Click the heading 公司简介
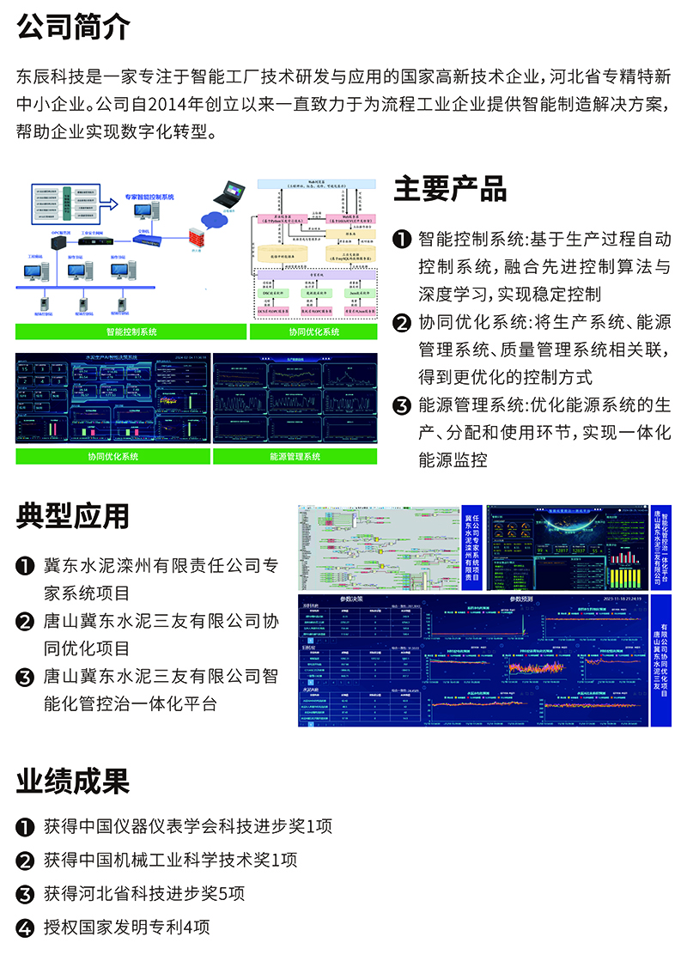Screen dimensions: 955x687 pyautogui.click(x=73, y=27)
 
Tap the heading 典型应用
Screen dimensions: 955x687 pyautogui.click(x=73, y=515)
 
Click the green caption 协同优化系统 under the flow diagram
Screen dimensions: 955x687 pyautogui.click(x=313, y=331)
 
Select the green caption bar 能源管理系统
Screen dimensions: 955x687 pyautogui.click(x=295, y=457)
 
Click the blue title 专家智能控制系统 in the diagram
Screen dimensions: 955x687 pyautogui.click(x=149, y=197)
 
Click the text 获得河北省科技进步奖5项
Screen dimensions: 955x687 pyautogui.click(x=143, y=894)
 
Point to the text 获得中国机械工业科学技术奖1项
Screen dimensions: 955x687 pyautogui.click(x=170, y=861)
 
